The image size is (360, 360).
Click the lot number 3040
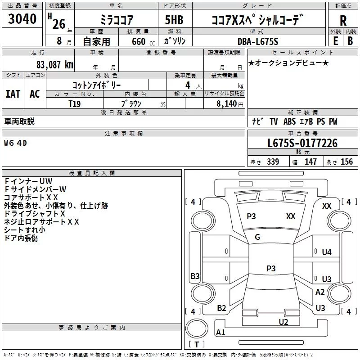[x=22, y=19]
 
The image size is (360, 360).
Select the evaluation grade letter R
[x=343, y=20]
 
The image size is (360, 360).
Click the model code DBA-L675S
[x=258, y=41]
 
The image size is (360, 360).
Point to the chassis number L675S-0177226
[x=302, y=144]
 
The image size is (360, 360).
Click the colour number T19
[x=75, y=103]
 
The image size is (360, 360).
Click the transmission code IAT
[x=13, y=94]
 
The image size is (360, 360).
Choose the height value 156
[x=346, y=162]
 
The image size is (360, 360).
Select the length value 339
[x=273, y=162]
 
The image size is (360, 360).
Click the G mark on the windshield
[x=257, y=237]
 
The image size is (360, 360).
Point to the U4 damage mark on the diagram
[x=327, y=252]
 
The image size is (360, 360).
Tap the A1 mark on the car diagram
[x=220, y=333]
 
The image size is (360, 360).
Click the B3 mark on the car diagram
[x=195, y=276]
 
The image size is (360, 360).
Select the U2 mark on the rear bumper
[x=283, y=322]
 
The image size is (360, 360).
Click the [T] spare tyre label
[x=197, y=345]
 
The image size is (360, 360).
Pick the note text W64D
[x=16, y=143]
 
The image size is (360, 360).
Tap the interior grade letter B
[x=350, y=41]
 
